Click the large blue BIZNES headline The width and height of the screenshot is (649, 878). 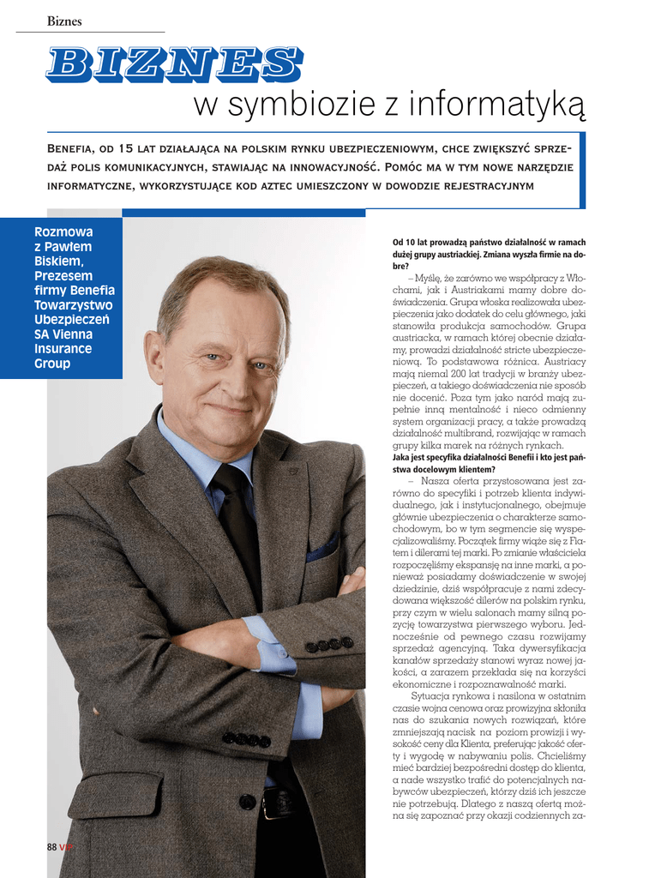point(173,64)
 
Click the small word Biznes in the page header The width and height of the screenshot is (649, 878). point(64,21)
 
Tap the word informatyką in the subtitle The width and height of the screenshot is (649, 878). point(497,105)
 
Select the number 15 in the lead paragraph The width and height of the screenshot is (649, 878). point(125,149)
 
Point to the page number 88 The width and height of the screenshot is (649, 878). point(51,847)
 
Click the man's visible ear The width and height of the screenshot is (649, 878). point(154,354)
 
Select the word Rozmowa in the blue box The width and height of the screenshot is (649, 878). point(63,232)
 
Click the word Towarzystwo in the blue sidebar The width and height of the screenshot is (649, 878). point(73,305)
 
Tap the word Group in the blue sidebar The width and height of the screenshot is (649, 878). point(52,364)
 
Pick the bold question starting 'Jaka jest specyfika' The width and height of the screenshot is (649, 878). point(489,463)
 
